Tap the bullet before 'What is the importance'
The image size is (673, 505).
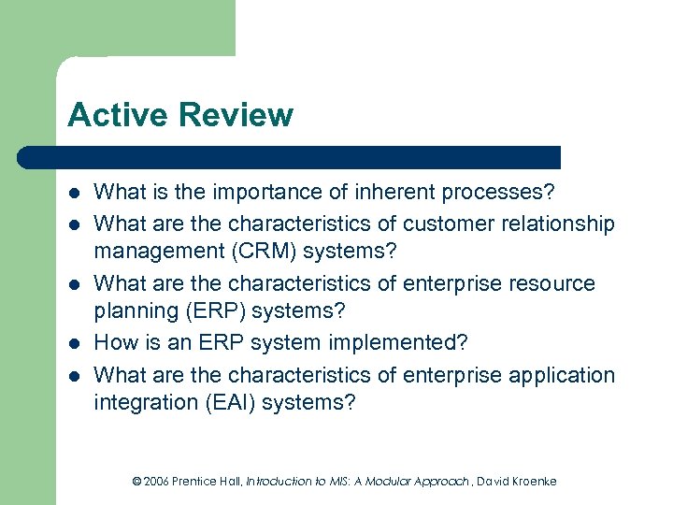75,194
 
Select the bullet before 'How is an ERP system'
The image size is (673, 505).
75,344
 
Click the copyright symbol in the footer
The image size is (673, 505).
136,481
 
